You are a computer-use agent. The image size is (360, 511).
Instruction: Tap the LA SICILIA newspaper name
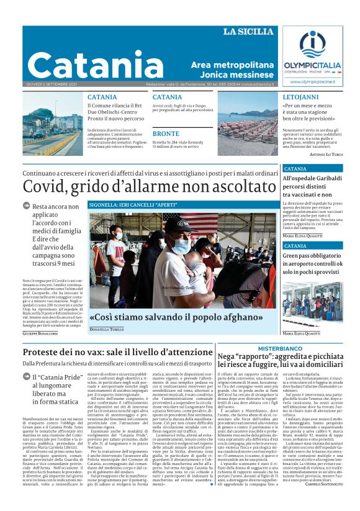pos(248,32)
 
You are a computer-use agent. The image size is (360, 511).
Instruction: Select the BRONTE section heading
pos(166,133)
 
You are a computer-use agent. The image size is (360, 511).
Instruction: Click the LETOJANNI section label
pos(301,97)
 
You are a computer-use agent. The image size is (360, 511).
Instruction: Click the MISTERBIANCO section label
pos(280,348)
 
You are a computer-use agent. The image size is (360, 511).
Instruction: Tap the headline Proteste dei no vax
pos(118,353)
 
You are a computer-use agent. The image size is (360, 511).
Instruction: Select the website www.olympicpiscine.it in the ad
pos(312,81)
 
